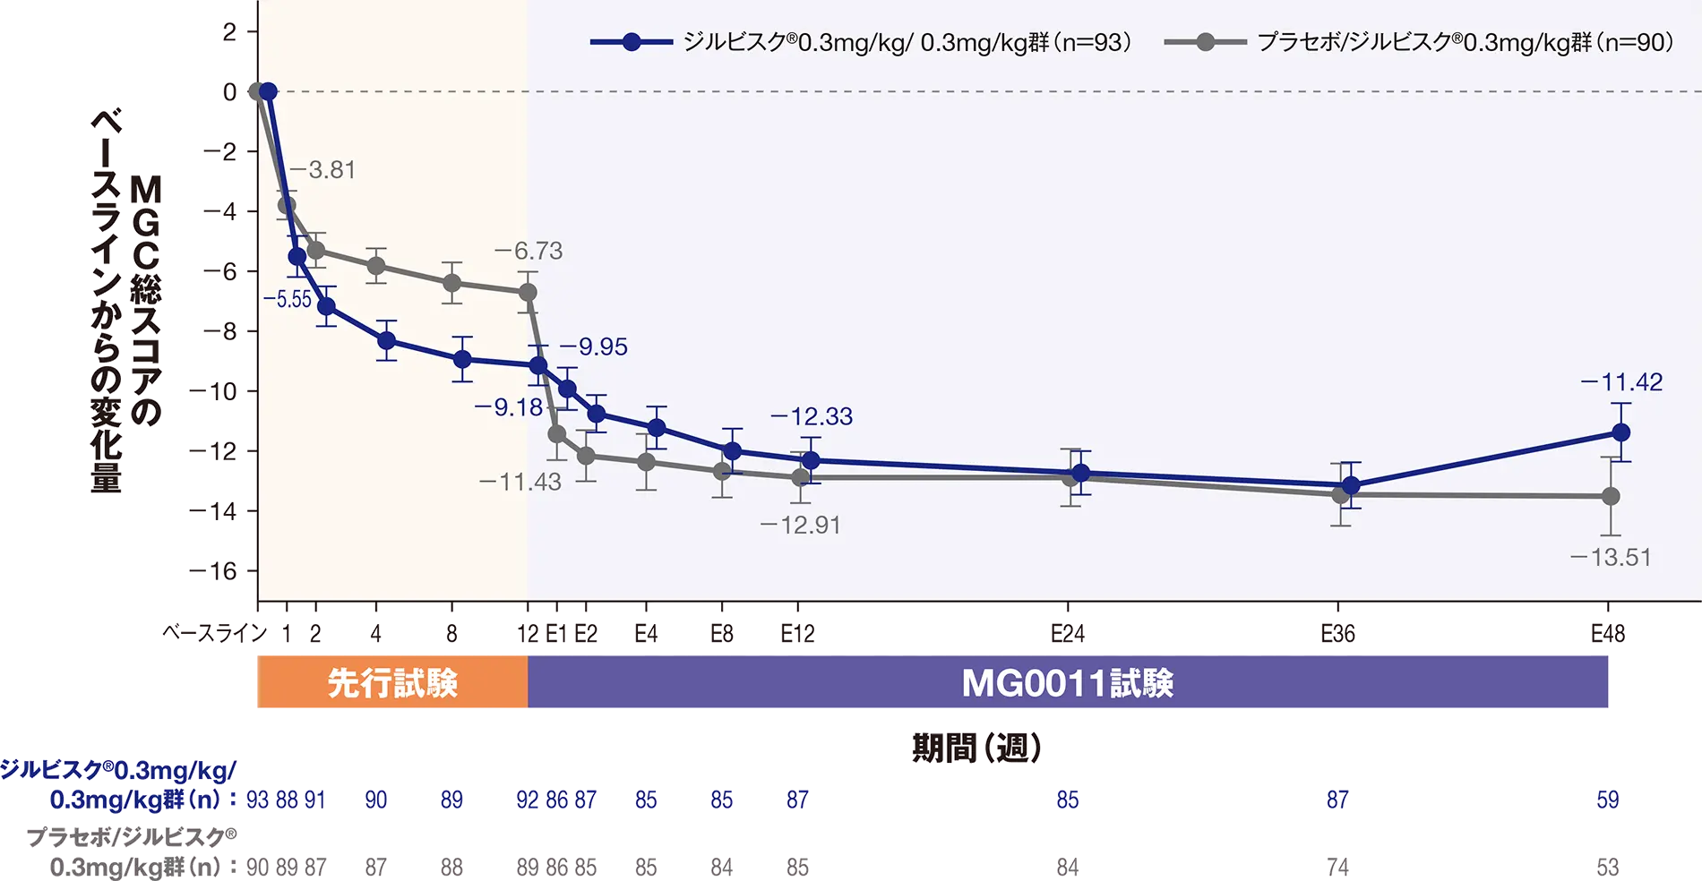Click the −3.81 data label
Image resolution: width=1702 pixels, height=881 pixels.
[322, 169]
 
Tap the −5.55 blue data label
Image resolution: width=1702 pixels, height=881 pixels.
[287, 300]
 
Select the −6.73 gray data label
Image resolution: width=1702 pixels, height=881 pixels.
[529, 251]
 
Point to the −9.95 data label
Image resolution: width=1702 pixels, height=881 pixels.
[594, 346]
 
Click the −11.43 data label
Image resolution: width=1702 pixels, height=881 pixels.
[520, 482]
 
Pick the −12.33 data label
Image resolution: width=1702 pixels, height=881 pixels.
[812, 416]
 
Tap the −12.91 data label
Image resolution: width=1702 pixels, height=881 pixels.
[801, 525]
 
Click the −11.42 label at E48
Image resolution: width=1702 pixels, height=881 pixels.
[1622, 382]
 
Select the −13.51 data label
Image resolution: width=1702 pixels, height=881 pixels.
[1611, 557]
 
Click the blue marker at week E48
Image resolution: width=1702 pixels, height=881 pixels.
[1620, 432]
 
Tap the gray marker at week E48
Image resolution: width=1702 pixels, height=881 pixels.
[1611, 496]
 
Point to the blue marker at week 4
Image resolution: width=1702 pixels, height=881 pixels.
[387, 340]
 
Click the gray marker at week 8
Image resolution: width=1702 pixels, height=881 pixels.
[452, 283]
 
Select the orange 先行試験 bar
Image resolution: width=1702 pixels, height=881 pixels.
[392, 682]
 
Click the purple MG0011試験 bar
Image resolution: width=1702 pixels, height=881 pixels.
[1068, 682]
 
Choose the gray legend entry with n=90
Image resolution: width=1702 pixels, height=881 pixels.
[1419, 42]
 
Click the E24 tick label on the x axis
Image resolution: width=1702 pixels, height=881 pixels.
[1068, 634]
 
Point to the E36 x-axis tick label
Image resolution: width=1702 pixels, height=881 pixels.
[1338, 634]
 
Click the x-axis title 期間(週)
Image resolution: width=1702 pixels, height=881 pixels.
[976, 748]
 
